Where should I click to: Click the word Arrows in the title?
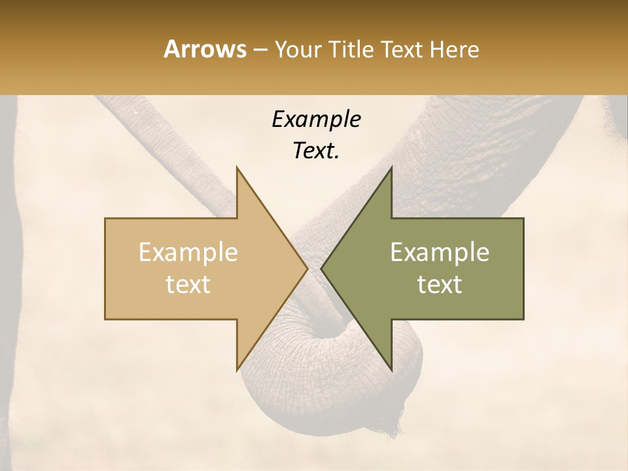(x=205, y=49)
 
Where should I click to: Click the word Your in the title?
(x=299, y=49)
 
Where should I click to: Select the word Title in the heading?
(x=351, y=49)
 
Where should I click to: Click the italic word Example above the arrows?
(x=316, y=120)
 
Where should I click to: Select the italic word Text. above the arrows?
(x=316, y=151)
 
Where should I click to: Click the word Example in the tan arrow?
(x=188, y=253)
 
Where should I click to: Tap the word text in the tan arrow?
(x=188, y=285)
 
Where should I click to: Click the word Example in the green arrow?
(x=440, y=253)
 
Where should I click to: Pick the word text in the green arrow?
(x=440, y=285)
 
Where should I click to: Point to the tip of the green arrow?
(x=322, y=269)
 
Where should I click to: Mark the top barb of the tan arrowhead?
(x=237, y=169)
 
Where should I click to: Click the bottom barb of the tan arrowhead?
(x=237, y=369)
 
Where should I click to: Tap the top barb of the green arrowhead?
(x=391, y=169)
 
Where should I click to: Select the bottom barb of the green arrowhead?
(x=391, y=369)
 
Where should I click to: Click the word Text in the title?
(x=402, y=49)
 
